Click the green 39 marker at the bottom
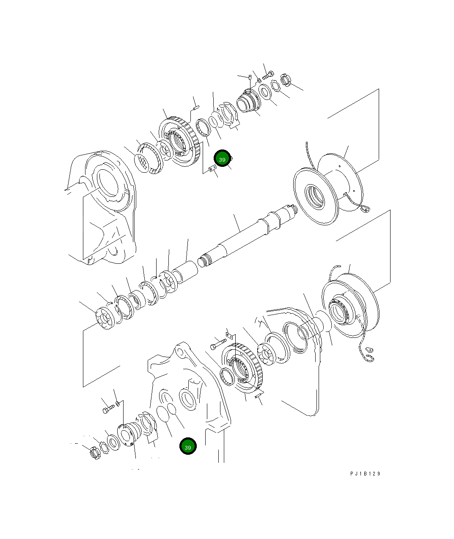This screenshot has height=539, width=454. pos(188,446)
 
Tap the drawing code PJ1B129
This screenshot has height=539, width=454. pos(365,473)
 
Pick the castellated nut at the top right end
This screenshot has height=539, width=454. pos(287,79)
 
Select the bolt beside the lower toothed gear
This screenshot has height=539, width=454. pos(218,343)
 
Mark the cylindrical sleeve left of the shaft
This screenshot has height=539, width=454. pos(186,271)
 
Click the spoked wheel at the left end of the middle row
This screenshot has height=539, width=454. pos(105,318)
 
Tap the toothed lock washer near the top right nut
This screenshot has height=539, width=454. pos(275,86)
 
